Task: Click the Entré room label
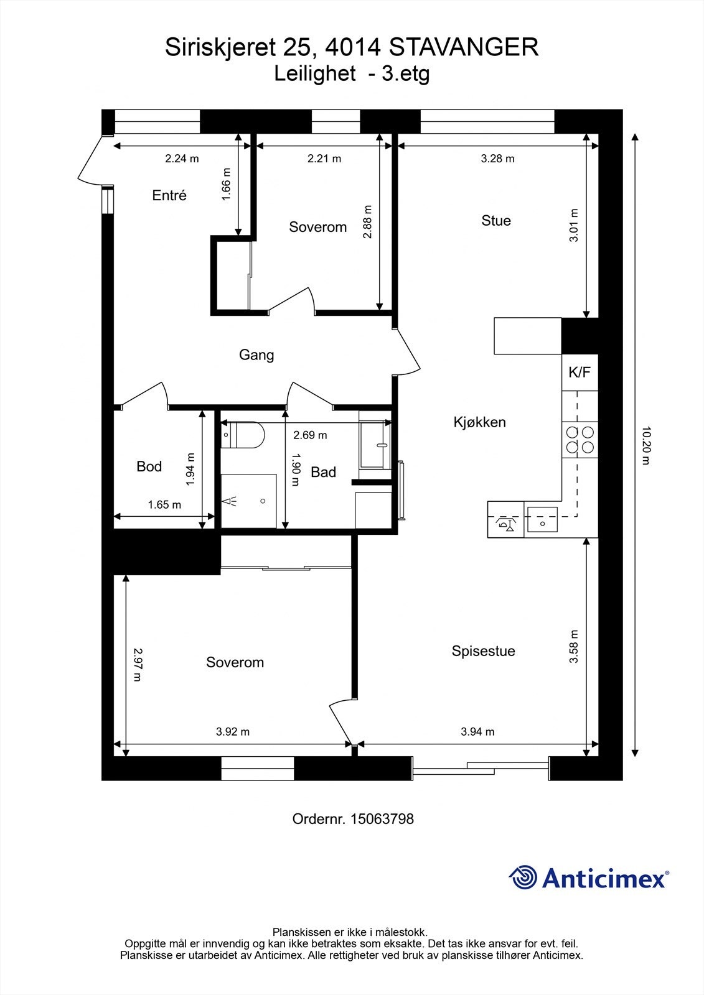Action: [x=169, y=195]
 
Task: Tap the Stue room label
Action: [x=496, y=220]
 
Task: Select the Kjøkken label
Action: [x=479, y=422]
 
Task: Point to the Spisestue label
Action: [x=484, y=651]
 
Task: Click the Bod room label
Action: [x=149, y=466]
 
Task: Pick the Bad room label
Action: [x=323, y=472]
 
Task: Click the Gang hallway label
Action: [x=256, y=354]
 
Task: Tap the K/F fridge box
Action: [x=580, y=373]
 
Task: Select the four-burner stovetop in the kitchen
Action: [x=580, y=440]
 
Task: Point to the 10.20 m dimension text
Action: [x=645, y=445]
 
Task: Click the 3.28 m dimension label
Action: [x=497, y=159]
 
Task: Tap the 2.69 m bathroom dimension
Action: [x=310, y=435]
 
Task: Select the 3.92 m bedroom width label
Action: [x=233, y=732]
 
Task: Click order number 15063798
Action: [x=382, y=819]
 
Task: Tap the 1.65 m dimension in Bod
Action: [x=164, y=505]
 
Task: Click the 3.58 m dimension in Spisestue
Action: [x=574, y=647]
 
